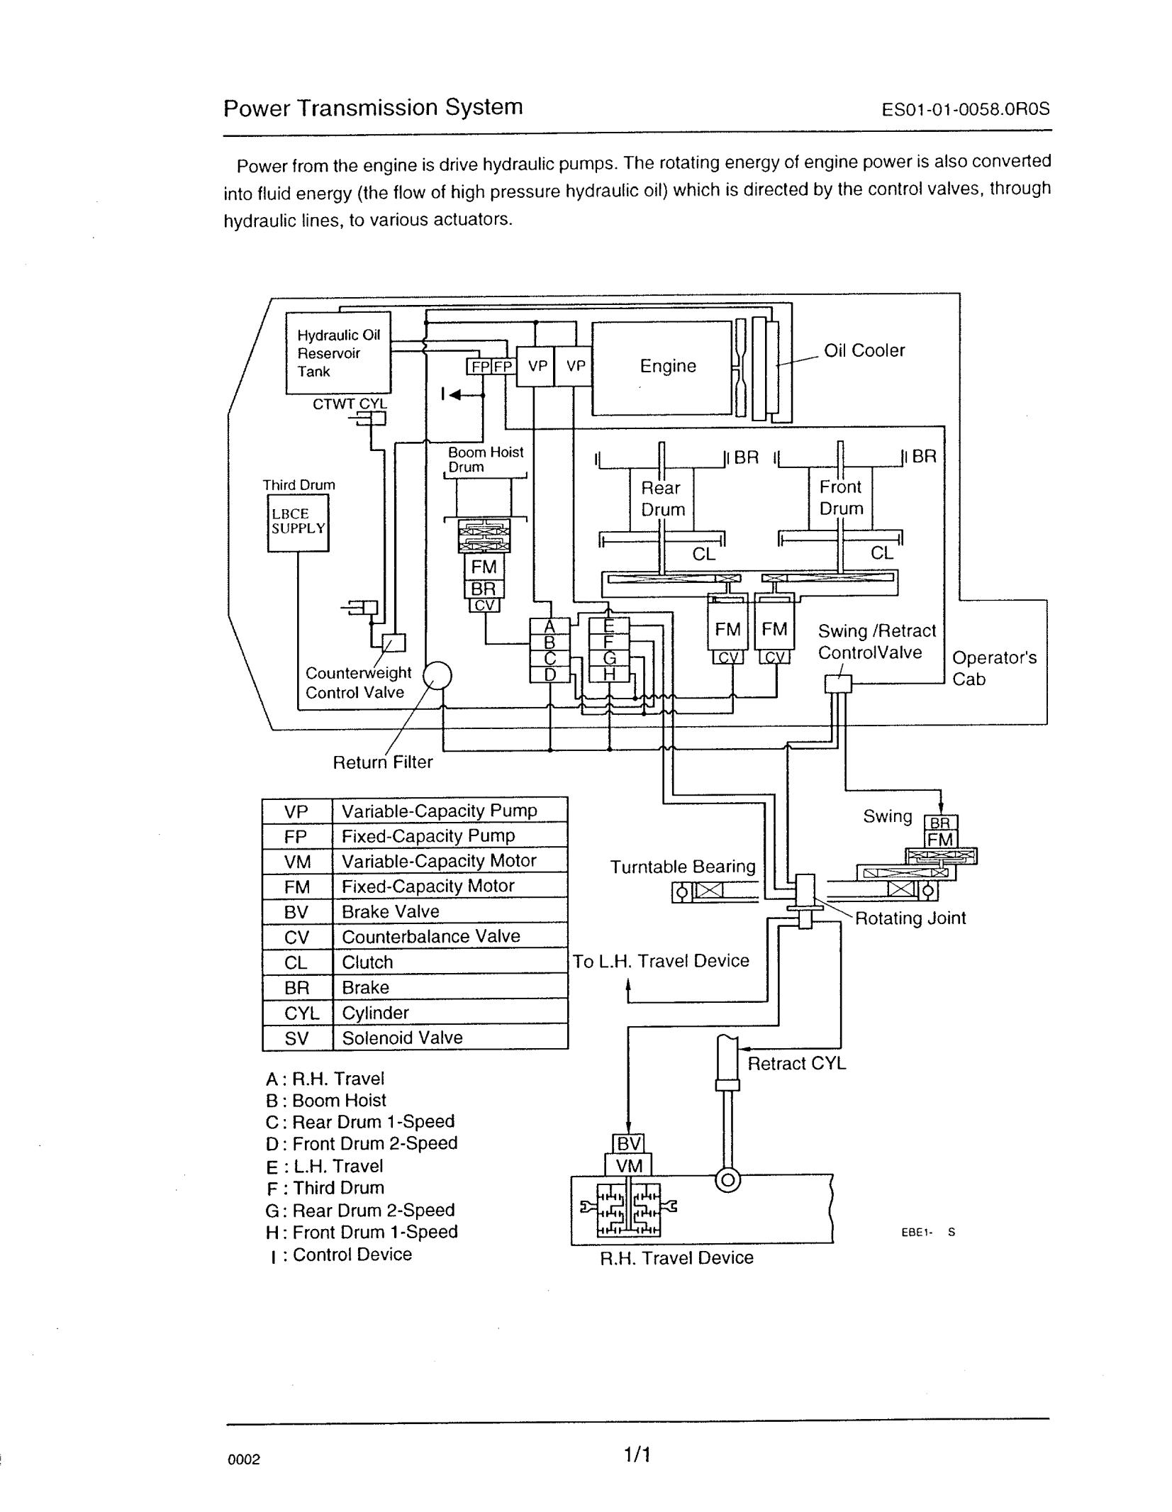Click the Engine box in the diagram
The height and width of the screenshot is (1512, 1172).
click(660, 367)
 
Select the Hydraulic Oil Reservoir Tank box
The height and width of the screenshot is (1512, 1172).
click(338, 353)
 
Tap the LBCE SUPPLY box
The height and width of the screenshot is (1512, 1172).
click(298, 523)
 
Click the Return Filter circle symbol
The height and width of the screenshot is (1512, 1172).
click(437, 674)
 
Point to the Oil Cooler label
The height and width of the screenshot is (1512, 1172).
click(864, 350)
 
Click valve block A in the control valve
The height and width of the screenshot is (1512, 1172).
click(549, 627)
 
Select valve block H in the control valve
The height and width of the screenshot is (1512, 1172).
click(609, 674)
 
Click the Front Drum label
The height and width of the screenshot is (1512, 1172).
click(841, 497)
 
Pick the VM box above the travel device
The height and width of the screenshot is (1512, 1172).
click(628, 1166)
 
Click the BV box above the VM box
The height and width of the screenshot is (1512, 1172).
click(628, 1144)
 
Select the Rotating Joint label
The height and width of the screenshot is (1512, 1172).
click(910, 918)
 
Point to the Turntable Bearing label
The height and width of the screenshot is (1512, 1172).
click(683, 867)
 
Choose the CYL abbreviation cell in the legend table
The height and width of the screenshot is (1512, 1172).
click(297, 1013)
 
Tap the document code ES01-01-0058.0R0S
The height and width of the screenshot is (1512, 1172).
click(965, 110)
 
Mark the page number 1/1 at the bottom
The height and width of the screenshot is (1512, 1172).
click(637, 1455)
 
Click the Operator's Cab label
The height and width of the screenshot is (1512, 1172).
click(994, 668)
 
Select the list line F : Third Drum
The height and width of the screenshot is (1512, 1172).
click(325, 1188)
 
